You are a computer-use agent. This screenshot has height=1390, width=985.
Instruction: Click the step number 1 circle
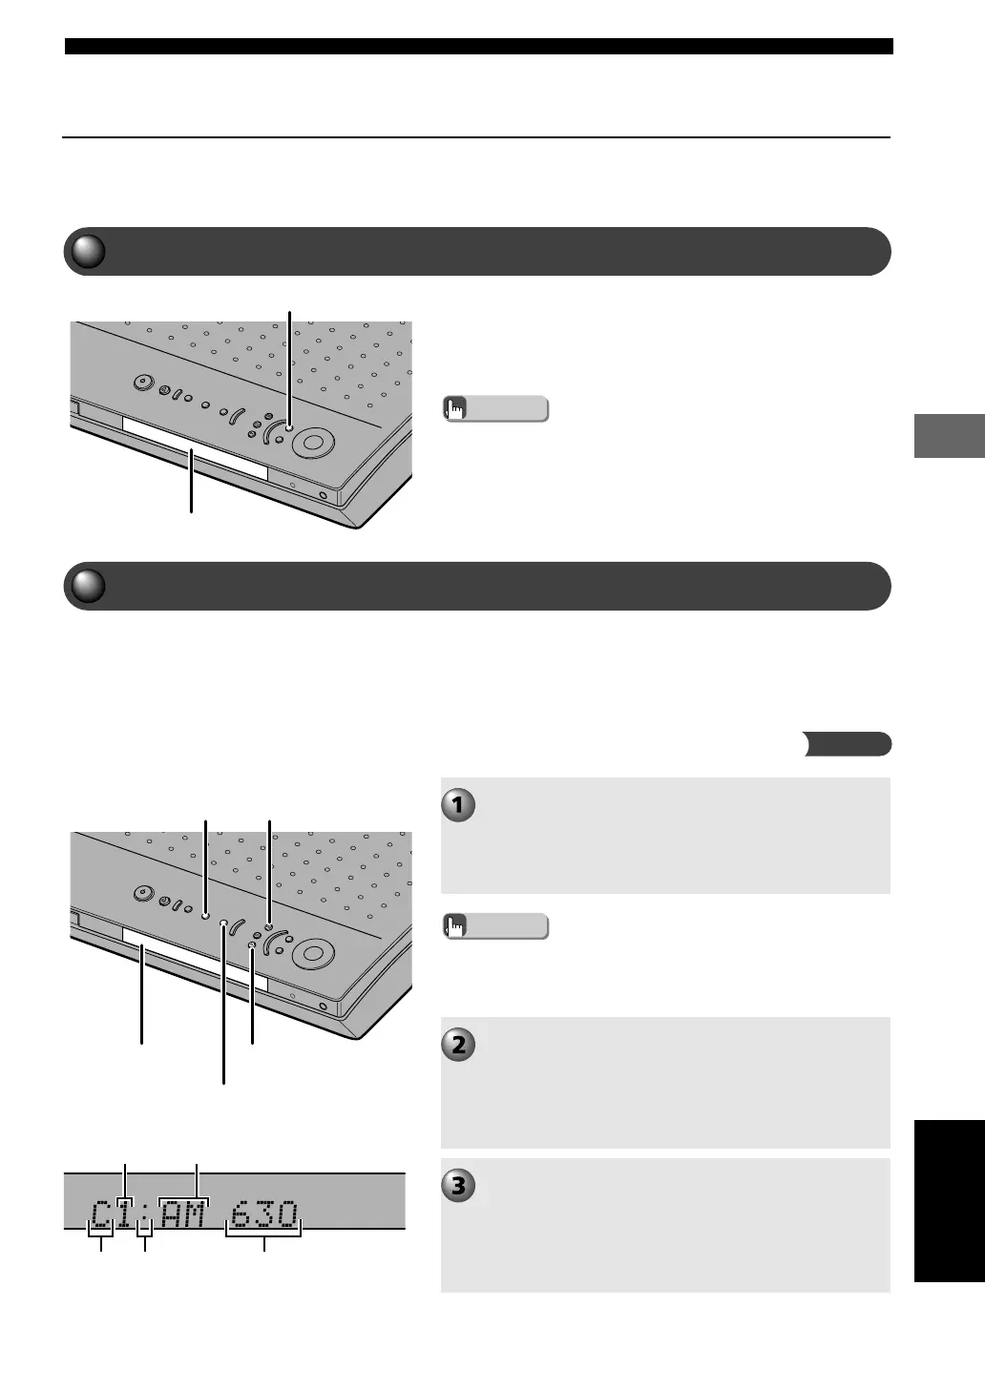[459, 805]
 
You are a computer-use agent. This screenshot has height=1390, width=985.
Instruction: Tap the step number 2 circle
[459, 1045]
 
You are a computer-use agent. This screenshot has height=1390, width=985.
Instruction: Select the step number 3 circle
[459, 1186]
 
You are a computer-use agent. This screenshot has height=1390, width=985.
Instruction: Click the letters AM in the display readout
[183, 1214]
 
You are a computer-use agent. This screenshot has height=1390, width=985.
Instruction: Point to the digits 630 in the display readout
[263, 1214]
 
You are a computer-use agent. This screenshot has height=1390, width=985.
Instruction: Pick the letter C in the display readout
[101, 1214]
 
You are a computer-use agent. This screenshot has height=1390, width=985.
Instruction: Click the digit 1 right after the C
[125, 1214]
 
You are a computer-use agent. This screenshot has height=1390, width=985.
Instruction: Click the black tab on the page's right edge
[949, 1201]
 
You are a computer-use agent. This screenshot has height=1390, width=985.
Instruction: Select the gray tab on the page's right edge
[949, 436]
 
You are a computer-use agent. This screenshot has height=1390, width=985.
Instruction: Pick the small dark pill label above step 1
[847, 744]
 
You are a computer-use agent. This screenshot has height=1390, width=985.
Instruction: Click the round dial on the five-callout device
[313, 953]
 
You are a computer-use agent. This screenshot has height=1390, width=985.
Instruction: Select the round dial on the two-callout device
[313, 443]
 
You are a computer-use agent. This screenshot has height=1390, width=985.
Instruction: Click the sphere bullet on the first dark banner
[87, 252]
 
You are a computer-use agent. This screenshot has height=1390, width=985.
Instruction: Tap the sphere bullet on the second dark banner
[87, 587]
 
